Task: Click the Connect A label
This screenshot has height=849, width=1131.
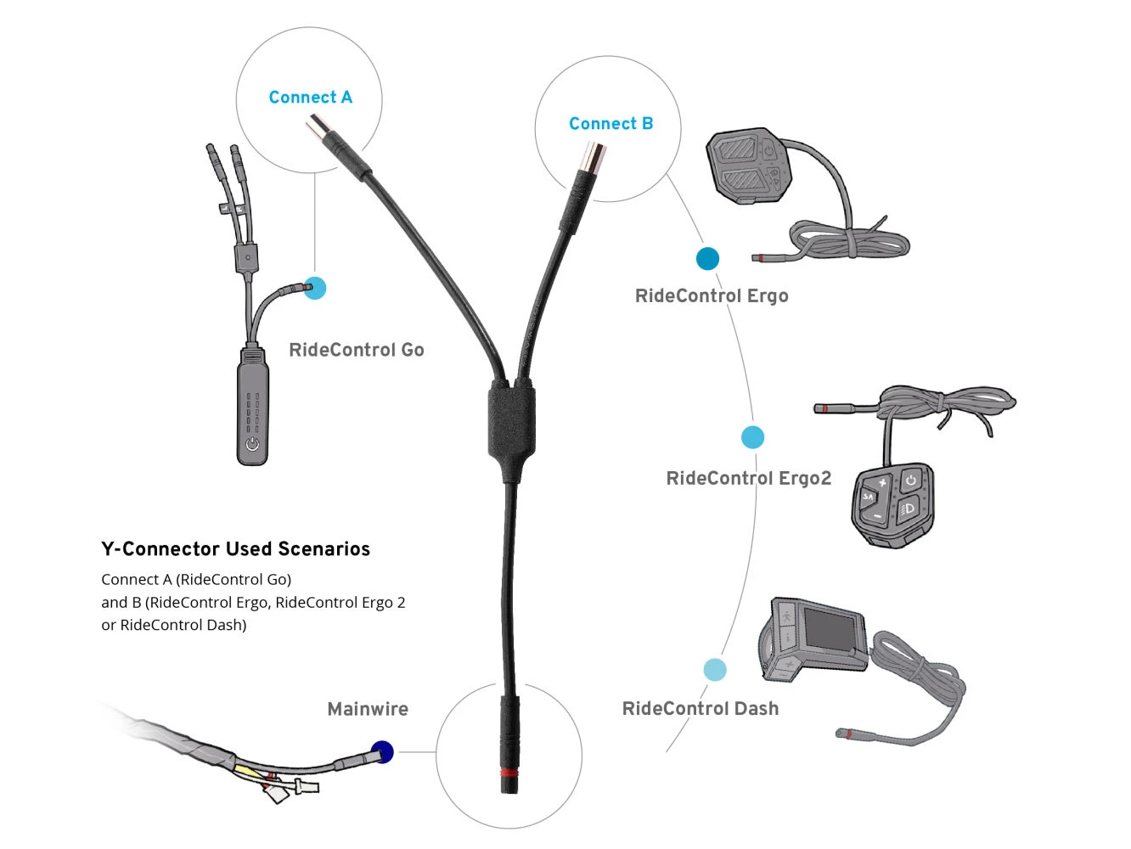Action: [x=310, y=98]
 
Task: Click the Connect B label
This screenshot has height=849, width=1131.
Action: [x=611, y=124]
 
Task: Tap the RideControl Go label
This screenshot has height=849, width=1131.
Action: [x=356, y=350]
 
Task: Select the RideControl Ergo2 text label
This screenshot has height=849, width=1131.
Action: [x=748, y=478]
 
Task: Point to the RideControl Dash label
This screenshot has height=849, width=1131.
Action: [x=700, y=709]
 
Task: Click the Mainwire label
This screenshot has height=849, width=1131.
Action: [x=367, y=709]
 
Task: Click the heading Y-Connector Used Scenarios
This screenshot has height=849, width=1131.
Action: [x=235, y=549]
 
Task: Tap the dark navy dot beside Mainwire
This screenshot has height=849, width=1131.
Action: [x=382, y=752]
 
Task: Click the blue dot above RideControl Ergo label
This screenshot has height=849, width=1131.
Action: [x=707, y=259]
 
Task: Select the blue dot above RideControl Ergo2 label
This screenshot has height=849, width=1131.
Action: [x=752, y=437]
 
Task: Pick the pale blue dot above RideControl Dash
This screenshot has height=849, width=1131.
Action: [x=715, y=670]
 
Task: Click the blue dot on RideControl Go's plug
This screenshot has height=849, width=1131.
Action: [x=315, y=288]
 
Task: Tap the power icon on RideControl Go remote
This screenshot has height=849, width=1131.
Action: [x=252, y=444]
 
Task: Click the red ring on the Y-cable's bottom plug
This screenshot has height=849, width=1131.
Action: [x=509, y=773]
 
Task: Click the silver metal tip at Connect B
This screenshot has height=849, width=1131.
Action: [x=591, y=157]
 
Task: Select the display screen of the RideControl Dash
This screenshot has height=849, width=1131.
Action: [x=830, y=628]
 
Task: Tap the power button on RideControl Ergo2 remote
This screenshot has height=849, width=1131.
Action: [x=910, y=481]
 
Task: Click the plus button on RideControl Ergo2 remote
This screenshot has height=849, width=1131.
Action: [x=882, y=483]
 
